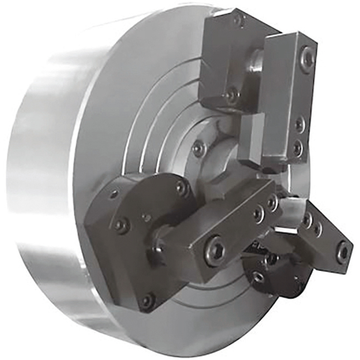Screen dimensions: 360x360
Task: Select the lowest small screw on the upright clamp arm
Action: tap(297, 147)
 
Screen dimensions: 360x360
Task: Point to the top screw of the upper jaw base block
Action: tap(239, 21)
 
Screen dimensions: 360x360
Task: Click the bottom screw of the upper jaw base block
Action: tap(231, 95)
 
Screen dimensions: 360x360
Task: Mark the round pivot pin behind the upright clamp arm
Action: tap(256, 61)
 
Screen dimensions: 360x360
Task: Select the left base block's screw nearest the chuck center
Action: tap(181, 188)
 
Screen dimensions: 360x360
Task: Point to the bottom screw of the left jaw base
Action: tap(147, 301)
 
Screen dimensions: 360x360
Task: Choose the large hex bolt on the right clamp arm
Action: tap(342, 252)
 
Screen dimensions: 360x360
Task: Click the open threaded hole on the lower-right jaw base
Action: tap(258, 277)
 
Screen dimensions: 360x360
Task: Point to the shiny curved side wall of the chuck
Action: tap(50, 184)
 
